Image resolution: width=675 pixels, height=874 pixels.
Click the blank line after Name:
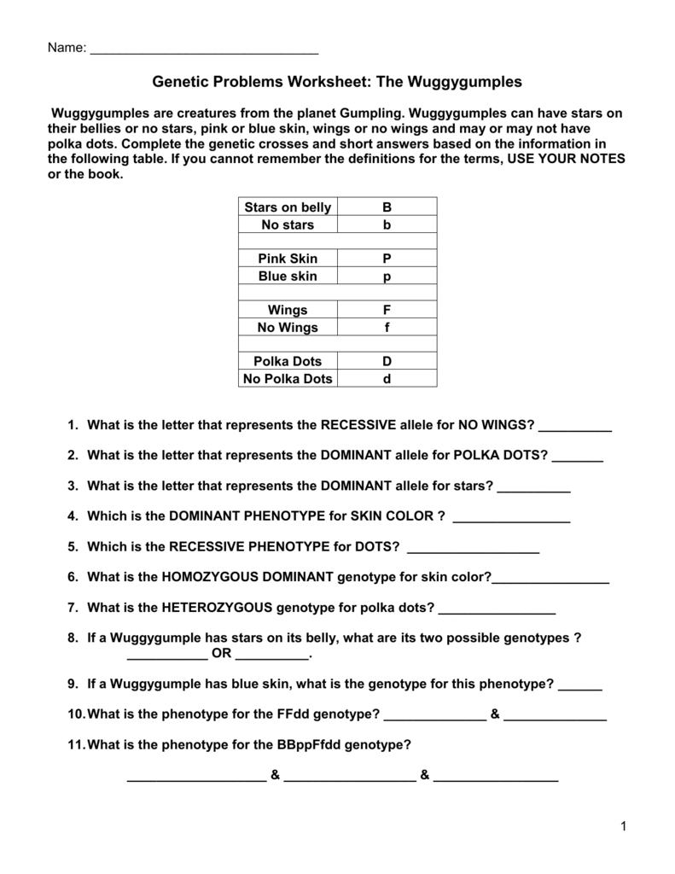tap(204, 49)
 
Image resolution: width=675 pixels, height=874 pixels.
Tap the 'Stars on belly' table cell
tap(288, 207)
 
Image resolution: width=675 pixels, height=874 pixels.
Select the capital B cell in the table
tap(387, 207)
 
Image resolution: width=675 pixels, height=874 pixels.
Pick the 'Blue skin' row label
tap(288, 276)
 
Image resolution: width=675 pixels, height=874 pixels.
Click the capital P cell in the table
tap(387, 259)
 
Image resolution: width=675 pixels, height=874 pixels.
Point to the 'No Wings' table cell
tap(288, 327)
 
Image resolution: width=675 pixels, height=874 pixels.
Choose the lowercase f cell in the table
tap(387, 327)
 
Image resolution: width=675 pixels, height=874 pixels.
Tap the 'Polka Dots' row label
tap(288, 361)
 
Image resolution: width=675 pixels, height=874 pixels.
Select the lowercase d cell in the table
tap(387, 378)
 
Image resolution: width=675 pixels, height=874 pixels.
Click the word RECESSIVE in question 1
tap(357, 425)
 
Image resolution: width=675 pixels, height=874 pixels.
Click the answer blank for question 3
tap(533, 487)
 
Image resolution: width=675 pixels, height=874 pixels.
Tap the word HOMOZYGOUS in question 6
tap(210, 578)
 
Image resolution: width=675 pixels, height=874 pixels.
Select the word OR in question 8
tap(221, 655)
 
